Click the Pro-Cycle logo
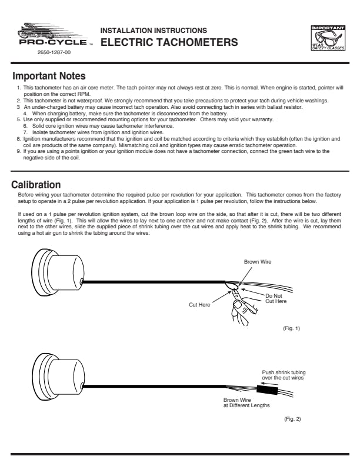click(x=54, y=36)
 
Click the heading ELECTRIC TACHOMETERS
click(x=169, y=42)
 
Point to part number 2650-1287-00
click(x=54, y=53)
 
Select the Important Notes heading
click(x=49, y=76)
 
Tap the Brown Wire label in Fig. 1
click(x=258, y=261)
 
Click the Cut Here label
click(x=200, y=305)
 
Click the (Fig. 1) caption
click(x=291, y=328)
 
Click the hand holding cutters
click(x=243, y=303)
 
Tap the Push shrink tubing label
click(x=284, y=375)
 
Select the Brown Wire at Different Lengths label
click(x=246, y=402)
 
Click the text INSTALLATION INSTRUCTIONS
click(x=154, y=30)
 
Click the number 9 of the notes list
click(x=19, y=151)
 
